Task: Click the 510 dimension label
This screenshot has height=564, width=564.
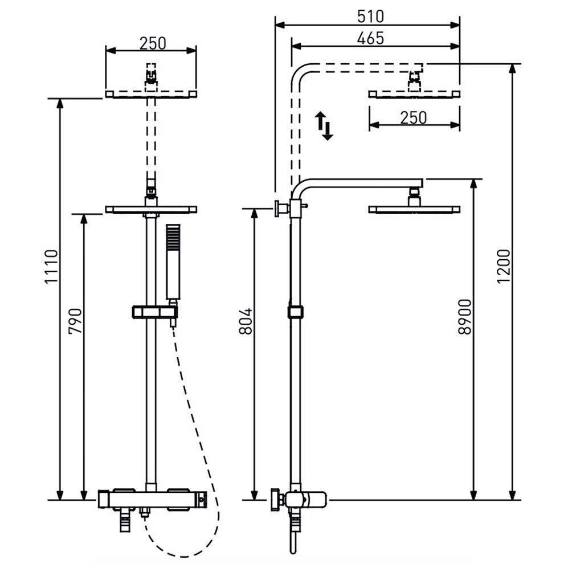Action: tap(370, 17)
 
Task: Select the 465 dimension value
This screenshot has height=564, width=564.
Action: tap(370, 39)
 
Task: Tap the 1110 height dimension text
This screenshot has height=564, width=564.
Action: tap(51, 267)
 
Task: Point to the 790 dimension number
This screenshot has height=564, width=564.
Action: tap(75, 321)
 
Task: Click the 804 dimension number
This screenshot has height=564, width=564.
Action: tap(246, 321)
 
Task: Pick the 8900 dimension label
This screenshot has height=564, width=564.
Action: tap(465, 317)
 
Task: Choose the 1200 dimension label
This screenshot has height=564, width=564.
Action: tap(504, 267)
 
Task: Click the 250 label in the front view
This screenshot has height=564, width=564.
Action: tap(153, 43)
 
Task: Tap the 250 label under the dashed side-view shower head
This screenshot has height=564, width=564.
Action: tap(414, 117)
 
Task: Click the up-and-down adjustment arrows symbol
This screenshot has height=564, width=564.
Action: tap(324, 125)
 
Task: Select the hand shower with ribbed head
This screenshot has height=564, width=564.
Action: tap(173, 261)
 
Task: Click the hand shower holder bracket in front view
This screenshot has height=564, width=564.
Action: tap(154, 312)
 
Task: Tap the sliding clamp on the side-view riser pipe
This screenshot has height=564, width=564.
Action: tap(295, 312)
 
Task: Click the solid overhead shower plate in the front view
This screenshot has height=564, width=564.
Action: tap(151, 210)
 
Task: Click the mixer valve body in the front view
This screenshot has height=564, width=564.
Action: tap(152, 500)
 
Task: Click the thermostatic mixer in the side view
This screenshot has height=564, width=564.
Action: tap(299, 500)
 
